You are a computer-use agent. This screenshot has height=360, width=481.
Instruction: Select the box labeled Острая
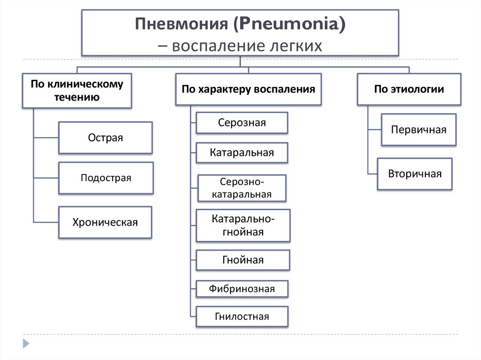pyautogui.click(x=105, y=138)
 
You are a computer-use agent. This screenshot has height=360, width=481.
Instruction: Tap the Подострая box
pyautogui.click(x=106, y=178)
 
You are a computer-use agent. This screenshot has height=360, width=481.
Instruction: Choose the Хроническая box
pyautogui.click(x=105, y=222)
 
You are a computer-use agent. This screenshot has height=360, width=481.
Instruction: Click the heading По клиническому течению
pyautogui.click(x=77, y=91)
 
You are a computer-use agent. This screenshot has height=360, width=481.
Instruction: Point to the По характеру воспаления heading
pyautogui.click(x=248, y=89)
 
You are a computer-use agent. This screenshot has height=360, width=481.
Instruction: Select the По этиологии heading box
pyautogui.click(x=409, y=89)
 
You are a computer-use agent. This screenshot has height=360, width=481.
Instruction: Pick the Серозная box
pyautogui.click(x=242, y=123)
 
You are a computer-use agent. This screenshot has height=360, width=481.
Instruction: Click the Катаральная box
pyautogui.click(x=242, y=153)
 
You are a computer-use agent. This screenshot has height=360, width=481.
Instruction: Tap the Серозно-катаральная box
pyautogui.click(x=242, y=188)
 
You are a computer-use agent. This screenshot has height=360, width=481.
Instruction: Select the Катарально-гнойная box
pyautogui.click(x=243, y=225)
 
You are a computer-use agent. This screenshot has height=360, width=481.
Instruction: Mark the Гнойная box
pyautogui.click(x=243, y=260)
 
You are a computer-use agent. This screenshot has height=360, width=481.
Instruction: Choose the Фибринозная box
pyautogui.click(x=242, y=289)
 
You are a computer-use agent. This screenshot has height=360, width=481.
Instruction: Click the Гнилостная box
pyautogui.click(x=242, y=316)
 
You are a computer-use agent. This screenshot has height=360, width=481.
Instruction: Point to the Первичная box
pyautogui.click(x=419, y=130)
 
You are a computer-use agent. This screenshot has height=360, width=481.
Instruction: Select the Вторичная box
pyautogui.click(x=415, y=174)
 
